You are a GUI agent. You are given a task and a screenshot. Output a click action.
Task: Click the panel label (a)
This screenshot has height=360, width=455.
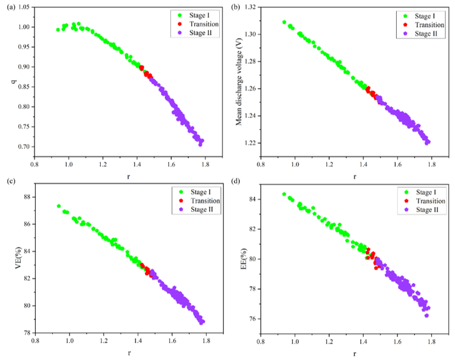point(10,7)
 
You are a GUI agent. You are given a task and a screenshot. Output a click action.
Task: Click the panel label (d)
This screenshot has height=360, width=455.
point(236,181)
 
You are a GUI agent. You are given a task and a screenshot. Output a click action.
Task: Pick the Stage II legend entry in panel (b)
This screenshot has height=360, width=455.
point(421,33)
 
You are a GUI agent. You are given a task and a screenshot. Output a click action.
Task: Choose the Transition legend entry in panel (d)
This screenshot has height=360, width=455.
point(425,201)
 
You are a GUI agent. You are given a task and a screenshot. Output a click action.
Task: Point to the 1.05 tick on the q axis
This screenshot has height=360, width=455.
point(24,7)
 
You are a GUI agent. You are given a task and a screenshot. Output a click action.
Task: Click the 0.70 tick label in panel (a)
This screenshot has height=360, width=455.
point(24,147)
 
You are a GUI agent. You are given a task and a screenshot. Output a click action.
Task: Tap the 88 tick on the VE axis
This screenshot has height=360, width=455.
point(27,197)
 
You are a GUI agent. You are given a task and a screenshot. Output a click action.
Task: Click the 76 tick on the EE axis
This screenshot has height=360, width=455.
point(253,319)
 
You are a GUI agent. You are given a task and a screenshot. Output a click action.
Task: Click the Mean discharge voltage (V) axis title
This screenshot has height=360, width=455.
point(239,82)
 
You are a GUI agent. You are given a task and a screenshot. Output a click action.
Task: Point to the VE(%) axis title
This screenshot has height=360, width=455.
point(18,258)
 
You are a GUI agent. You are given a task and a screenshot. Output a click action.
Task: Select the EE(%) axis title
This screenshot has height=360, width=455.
point(244,259)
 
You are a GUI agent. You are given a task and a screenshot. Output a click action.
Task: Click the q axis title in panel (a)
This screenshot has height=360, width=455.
point(13,81)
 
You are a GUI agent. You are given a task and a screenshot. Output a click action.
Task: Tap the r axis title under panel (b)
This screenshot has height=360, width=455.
point(355,176)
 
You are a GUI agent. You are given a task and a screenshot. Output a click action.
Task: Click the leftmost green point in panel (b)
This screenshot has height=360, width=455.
point(284,22)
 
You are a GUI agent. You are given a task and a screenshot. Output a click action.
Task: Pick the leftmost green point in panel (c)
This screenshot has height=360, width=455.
point(58,206)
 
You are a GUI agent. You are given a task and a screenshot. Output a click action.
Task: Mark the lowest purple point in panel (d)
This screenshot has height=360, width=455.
point(426,316)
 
